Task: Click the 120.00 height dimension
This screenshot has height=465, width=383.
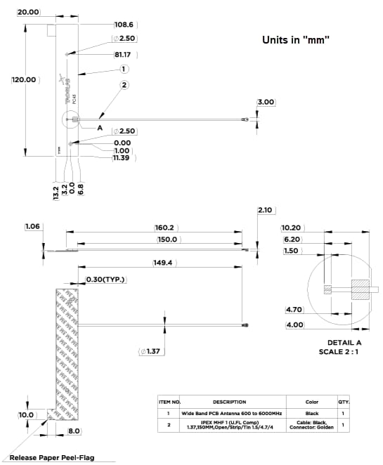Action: pyautogui.click(x=23, y=80)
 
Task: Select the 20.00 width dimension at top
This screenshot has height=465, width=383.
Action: pyautogui.click(x=28, y=12)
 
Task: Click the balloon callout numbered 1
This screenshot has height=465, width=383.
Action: pyautogui.click(x=124, y=69)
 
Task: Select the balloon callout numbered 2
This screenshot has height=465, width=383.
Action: pyautogui.click(x=124, y=86)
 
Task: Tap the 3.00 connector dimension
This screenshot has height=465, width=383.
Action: pyautogui.click(x=266, y=103)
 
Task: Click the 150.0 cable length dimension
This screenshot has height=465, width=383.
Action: pyautogui.click(x=166, y=240)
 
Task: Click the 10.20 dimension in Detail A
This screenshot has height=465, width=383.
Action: pyautogui.click(x=291, y=228)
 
